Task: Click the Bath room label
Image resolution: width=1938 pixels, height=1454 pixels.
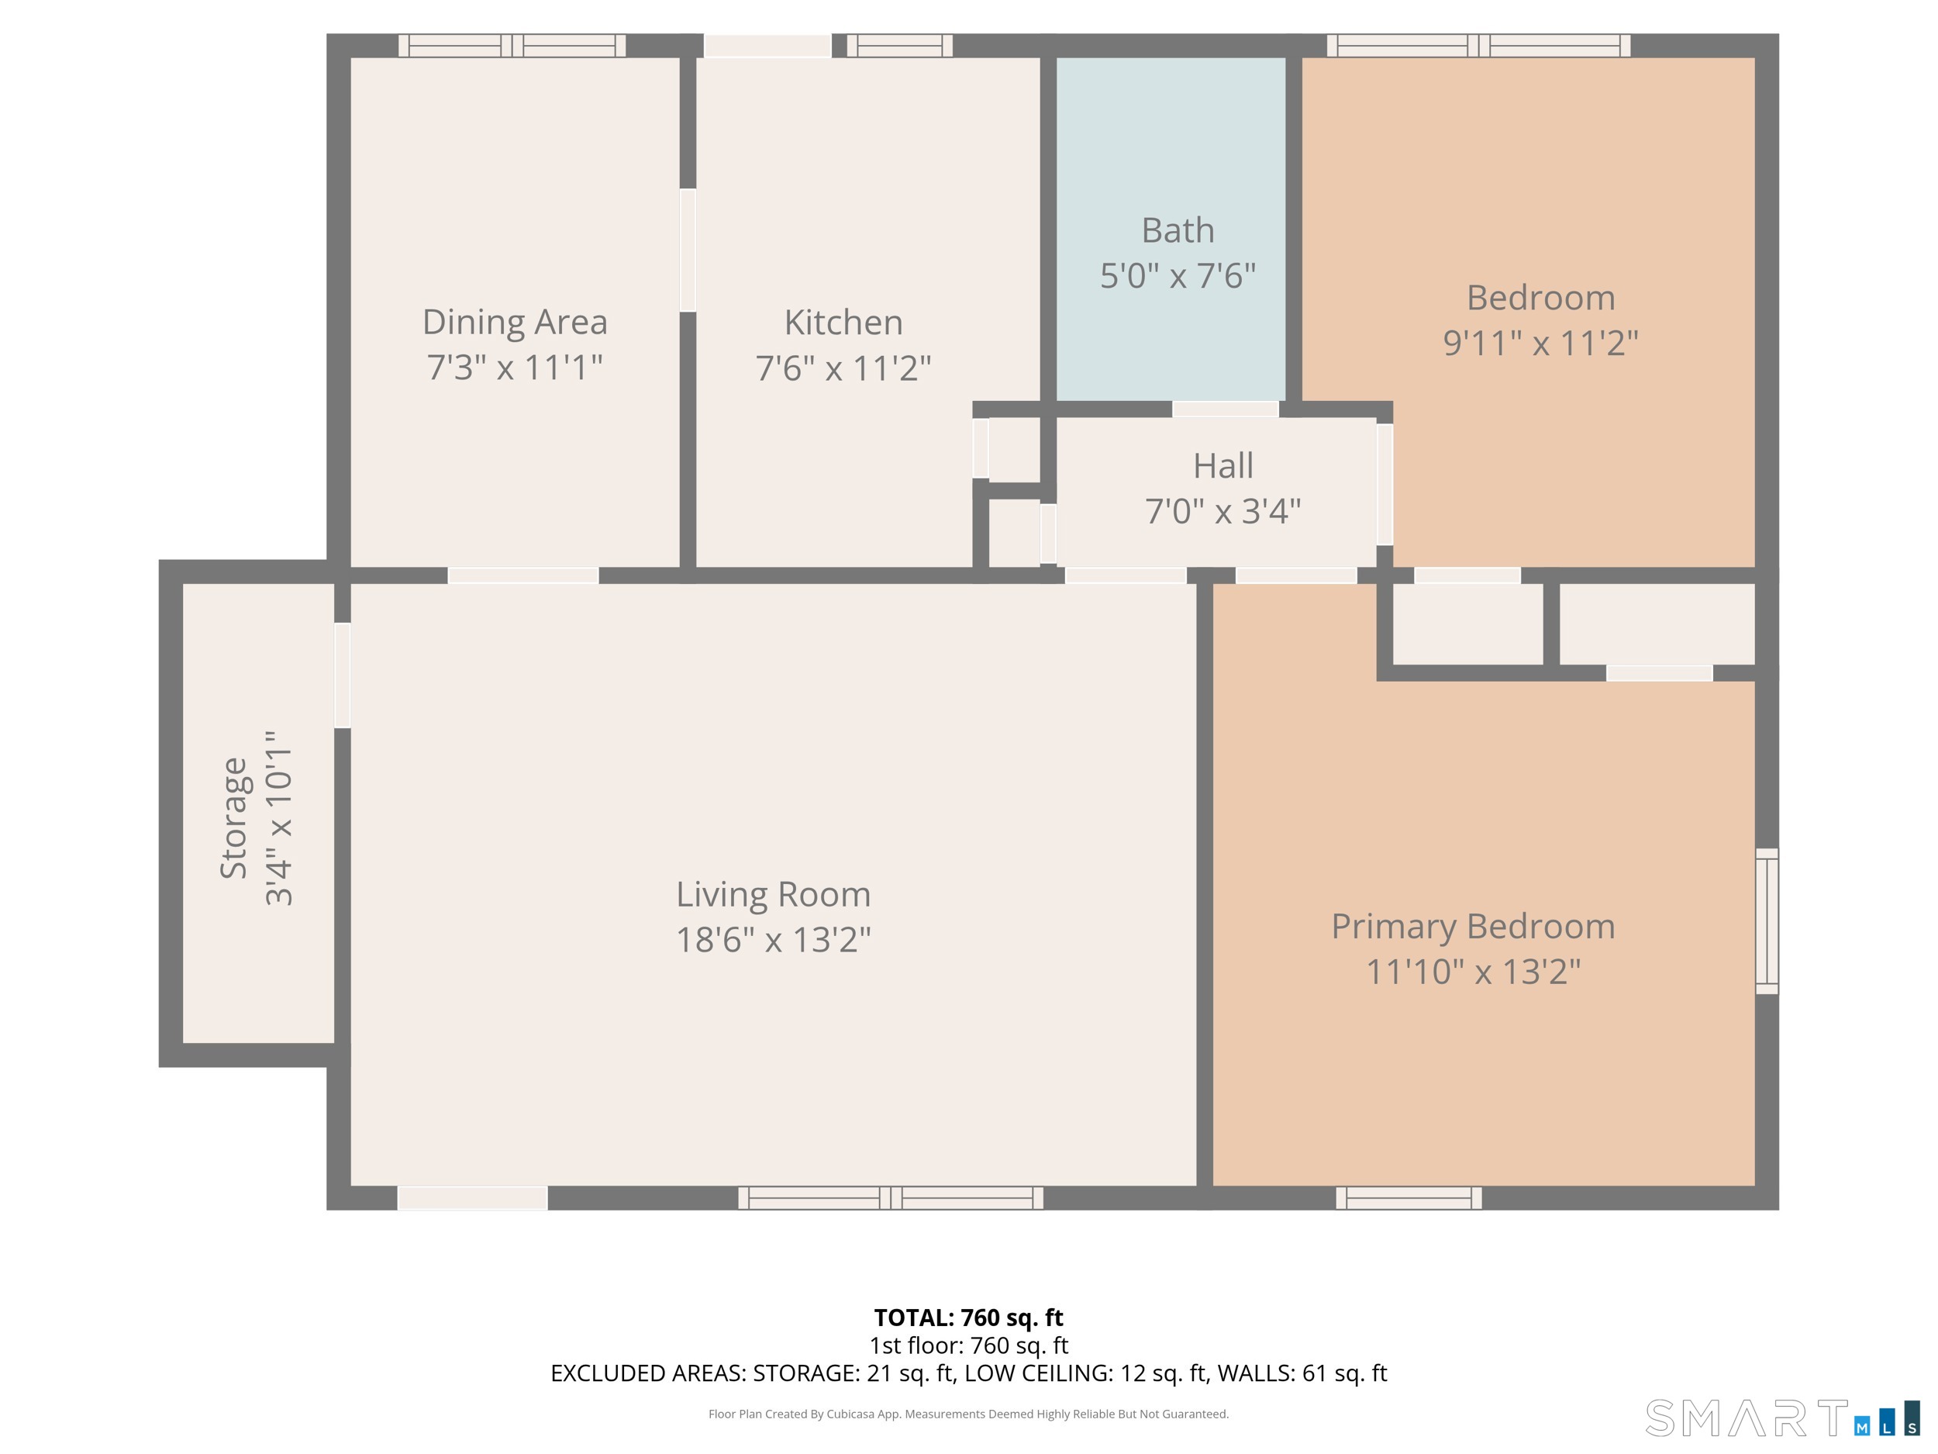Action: click(x=1178, y=230)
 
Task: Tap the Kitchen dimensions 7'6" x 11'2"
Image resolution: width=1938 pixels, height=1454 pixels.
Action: click(x=843, y=368)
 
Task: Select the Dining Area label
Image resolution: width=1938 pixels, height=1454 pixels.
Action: click(x=516, y=322)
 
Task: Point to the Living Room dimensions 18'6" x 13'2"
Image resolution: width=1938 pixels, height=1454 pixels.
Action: click(x=774, y=940)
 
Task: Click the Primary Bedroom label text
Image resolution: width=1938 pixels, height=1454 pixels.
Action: click(x=1474, y=927)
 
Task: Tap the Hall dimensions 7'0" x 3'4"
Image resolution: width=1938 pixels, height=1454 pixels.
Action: click(x=1223, y=511)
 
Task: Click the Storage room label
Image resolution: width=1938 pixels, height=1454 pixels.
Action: click(x=234, y=817)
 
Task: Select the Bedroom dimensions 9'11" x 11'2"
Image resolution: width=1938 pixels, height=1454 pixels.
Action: click(x=1541, y=343)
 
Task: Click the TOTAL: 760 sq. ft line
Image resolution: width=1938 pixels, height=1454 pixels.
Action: click(x=969, y=1318)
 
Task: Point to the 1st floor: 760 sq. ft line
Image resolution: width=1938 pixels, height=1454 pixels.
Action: click(x=969, y=1345)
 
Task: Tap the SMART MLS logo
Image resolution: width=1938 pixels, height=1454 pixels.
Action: click(x=1783, y=1418)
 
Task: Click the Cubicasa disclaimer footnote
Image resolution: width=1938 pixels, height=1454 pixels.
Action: click(x=969, y=1414)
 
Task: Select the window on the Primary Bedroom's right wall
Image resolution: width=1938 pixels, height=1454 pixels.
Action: click(x=1767, y=921)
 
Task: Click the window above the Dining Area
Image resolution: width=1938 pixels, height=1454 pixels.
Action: click(x=512, y=46)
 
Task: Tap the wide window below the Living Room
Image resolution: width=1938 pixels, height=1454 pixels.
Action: click(x=891, y=1198)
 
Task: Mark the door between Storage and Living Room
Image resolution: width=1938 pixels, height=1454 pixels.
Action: click(x=343, y=675)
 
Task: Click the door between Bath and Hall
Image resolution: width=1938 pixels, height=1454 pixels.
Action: click(x=1226, y=409)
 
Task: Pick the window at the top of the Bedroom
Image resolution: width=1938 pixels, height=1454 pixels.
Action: click(x=1479, y=46)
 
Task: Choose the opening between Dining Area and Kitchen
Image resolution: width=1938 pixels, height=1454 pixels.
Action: click(x=688, y=250)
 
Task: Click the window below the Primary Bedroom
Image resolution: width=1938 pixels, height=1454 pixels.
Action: click(x=1409, y=1198)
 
